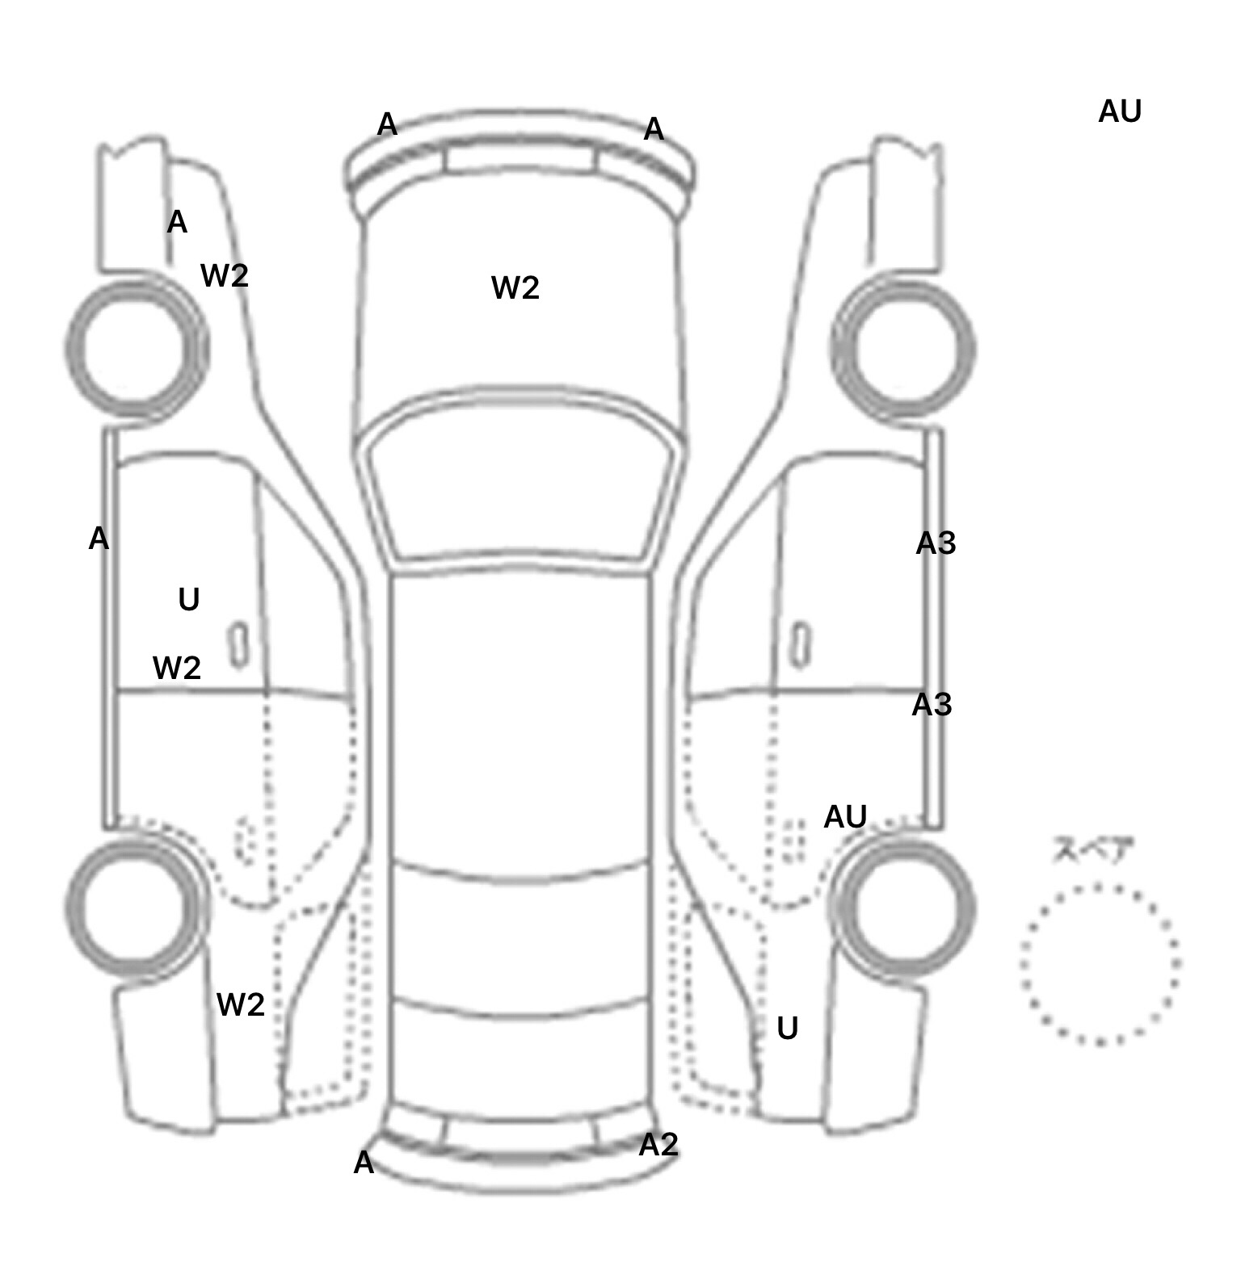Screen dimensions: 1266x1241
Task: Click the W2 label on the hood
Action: click(x=515, y=287)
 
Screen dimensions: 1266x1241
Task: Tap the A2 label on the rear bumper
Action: click(x=658, y=1144)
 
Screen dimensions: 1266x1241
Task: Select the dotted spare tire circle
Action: click(x=1099, y=964)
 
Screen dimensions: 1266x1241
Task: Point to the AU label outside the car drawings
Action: click(x=1119, y=111)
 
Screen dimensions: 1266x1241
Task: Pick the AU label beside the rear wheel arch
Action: click(x=844, y=817)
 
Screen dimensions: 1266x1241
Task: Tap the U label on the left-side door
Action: click(x=188, y=599)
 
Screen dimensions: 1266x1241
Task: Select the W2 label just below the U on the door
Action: click(x=176, y=668)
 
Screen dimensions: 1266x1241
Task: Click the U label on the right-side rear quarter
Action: click(x=787, y=1028)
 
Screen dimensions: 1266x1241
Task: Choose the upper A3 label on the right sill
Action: click(x=936, y=543)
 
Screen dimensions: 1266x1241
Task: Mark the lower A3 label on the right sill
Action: click(x=932, y=705)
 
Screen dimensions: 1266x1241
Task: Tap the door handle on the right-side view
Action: click(x=801, y=644)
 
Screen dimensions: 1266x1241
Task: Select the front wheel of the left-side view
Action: click(x=136, y=348)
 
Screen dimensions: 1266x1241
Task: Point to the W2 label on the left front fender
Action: click(x=224, y=276)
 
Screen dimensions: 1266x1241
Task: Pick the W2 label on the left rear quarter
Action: click(x=240, y=1004)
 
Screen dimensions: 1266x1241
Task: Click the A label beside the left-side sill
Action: click(x=98, y=538)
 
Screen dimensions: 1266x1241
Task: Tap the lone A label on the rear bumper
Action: click(x=364, y=1163)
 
